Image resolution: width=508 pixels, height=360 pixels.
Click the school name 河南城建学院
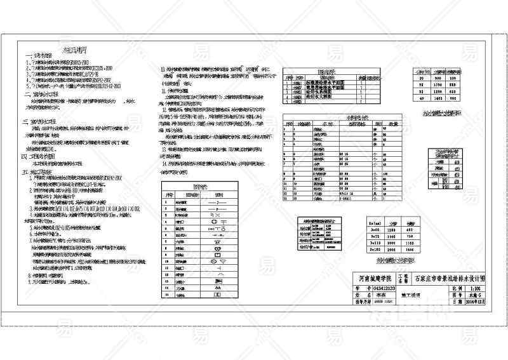[x=375, y=278]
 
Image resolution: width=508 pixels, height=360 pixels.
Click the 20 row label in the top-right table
[x=421, y=77]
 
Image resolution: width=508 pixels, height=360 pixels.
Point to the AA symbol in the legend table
[x=217, y=288]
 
